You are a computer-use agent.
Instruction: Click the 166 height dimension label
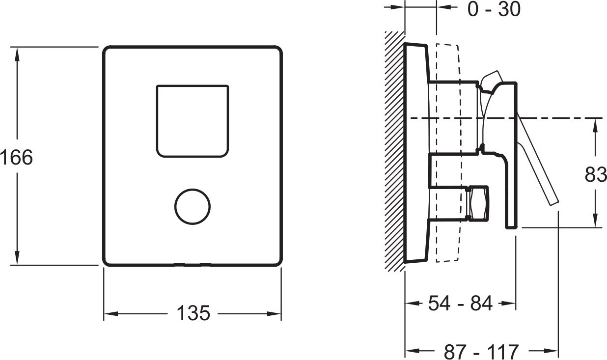click(16, 157)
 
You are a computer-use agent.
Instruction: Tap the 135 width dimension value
click(193, 313)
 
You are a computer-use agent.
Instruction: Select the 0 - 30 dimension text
click(494, 9)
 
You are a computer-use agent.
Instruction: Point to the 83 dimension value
click(596, 174)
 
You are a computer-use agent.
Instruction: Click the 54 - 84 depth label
click(460, 303)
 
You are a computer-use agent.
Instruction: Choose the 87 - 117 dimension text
click(481, 352)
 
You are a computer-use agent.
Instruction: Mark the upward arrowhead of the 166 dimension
click(17, 54)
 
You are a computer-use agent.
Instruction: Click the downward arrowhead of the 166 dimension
click(17, 258)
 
